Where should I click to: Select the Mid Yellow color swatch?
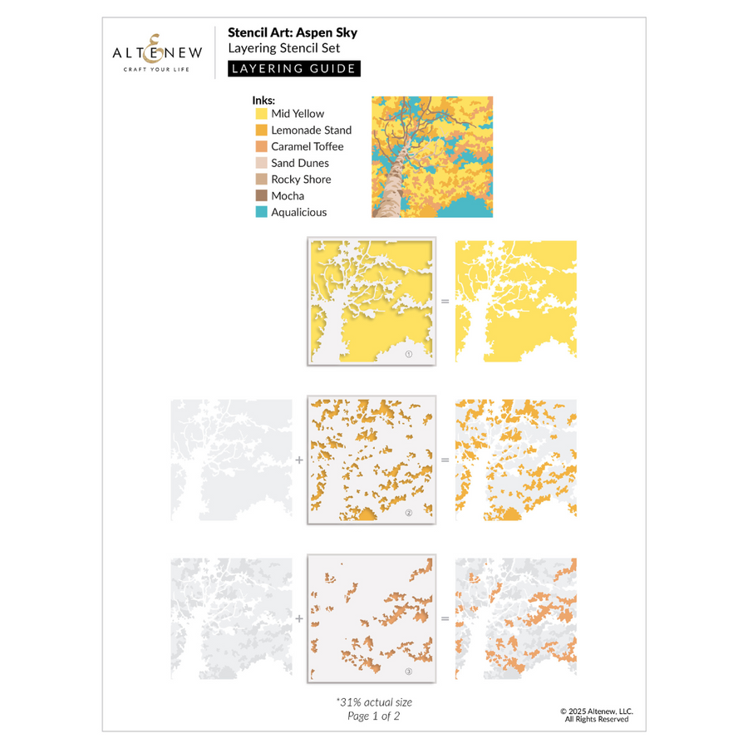261,114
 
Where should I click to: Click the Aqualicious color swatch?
261,213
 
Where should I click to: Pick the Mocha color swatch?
261,196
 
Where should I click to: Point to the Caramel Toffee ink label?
307,147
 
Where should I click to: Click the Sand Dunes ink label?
299,164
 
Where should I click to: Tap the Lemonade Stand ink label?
311,130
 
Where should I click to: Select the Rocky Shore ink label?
301,180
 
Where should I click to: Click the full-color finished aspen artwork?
432,157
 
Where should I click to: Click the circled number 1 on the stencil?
408,353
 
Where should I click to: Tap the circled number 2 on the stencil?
408,513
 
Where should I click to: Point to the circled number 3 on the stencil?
408,672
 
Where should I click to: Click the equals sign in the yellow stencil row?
445,301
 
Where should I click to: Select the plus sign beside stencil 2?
299,460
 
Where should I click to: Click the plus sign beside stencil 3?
299,618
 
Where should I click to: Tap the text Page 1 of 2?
373,716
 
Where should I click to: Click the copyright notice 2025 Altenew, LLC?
597,711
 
